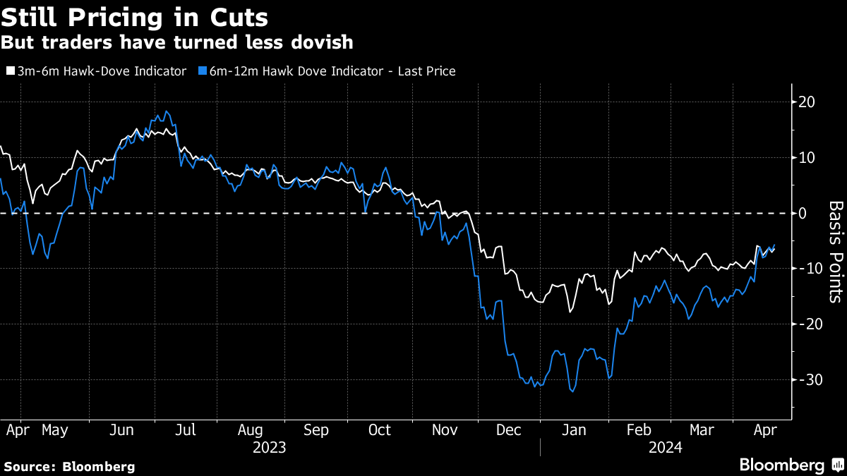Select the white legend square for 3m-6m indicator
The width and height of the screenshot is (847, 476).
[9, 71]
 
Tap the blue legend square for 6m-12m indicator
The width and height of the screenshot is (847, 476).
[203, 71]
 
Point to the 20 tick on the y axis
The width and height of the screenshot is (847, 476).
[806, 102]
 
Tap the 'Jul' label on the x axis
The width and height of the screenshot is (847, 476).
[186, 429]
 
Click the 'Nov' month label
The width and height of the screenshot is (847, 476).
[444, 429]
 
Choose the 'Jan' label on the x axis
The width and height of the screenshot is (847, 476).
[573, 429]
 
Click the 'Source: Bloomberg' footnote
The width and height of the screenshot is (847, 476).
[69, 466]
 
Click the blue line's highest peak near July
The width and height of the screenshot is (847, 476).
[166, 111]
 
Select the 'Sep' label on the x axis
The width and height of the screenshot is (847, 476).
[316, 429]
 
